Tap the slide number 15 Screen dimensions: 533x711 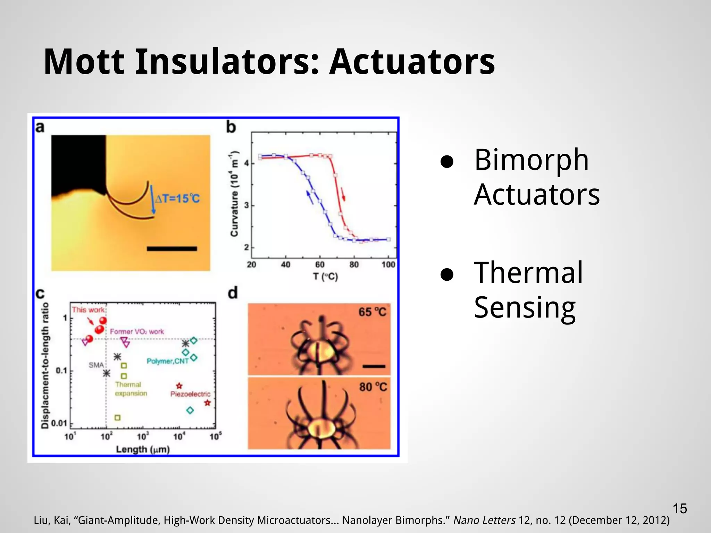[680, 509]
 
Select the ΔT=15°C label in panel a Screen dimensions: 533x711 [177, 199]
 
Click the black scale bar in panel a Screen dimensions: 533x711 [172, 248]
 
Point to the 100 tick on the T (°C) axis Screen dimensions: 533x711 [388, 265]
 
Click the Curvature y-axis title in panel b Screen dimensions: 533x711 [235, 194]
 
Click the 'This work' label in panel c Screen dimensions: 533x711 [88, 310]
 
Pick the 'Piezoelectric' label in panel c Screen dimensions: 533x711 [190, 394]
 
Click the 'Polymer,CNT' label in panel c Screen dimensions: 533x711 [167, 361]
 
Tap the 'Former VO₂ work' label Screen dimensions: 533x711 [137, 332]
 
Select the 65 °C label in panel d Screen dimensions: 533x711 [372, 312]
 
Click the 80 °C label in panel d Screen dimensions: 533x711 [373, 387]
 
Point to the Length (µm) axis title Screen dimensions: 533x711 [143, 449]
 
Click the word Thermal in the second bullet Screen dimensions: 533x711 [528, 273]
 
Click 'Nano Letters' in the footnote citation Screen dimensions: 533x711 [484, 520]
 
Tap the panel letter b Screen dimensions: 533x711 [231, 127]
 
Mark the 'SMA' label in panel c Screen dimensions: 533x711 [96, 365]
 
